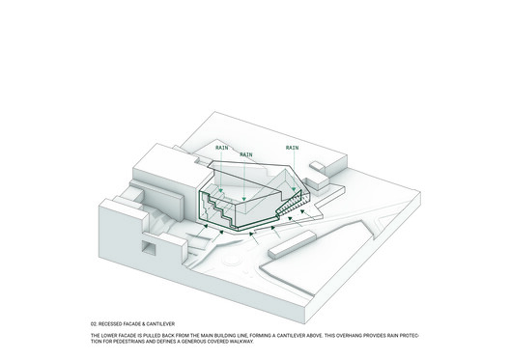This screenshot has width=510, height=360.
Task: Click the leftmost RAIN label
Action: click(222, 148)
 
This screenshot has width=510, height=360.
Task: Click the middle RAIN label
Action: click(246, 154)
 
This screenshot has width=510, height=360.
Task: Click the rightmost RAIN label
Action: click(292, 148)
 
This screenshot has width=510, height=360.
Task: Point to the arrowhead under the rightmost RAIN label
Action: click(294, 189)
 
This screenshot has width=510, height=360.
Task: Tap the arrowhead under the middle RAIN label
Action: click(244, 199)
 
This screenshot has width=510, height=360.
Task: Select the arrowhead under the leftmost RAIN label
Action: click(221, 190)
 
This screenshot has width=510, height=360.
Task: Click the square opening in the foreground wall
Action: click(149, 248)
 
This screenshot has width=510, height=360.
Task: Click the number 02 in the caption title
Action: click(94, 324)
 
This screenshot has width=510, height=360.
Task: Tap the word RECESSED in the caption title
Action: click(109, 324)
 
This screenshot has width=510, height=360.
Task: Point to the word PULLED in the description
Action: click(151, 335)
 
